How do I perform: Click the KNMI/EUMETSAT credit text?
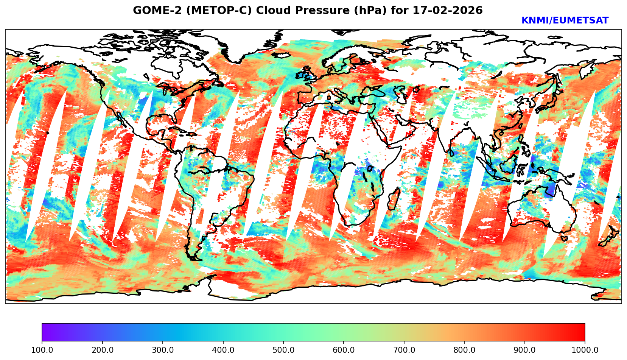565,21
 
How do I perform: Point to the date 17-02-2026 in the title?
448,11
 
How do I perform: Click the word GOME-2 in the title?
151,11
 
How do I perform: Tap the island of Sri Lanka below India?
452,152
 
